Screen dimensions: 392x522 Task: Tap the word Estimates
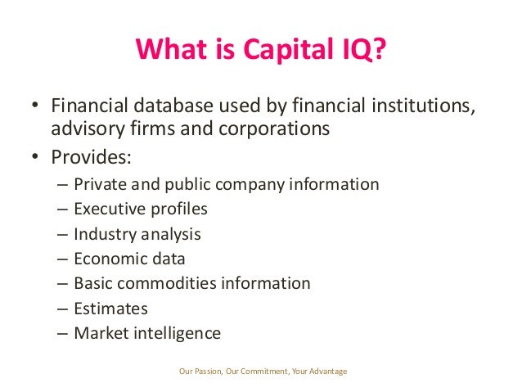(x=110, y=309)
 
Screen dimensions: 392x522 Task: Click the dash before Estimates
(x=63, y=309)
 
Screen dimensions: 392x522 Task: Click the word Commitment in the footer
(x=261, y=372)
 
